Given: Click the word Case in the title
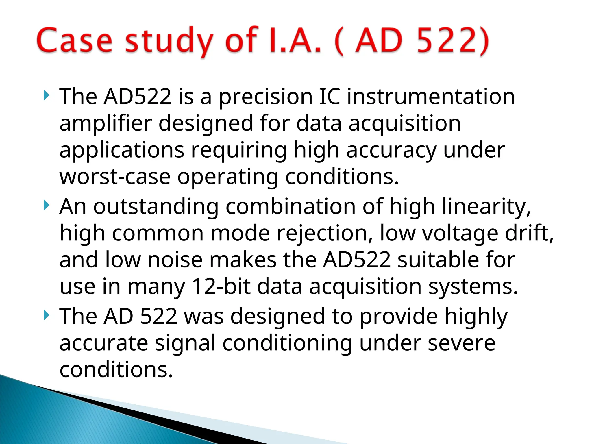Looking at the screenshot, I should coord(74,40).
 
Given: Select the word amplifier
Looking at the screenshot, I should coord(106,123).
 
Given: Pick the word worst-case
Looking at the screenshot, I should coord(115,177).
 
